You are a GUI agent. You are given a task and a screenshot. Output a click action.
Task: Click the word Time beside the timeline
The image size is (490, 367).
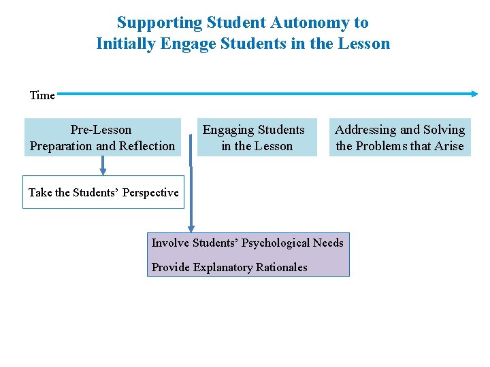point(42,96)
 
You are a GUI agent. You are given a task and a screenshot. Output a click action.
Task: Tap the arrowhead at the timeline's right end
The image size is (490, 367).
point(474,94)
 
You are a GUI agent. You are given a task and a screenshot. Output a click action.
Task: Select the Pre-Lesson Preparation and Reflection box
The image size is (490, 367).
point(102,137)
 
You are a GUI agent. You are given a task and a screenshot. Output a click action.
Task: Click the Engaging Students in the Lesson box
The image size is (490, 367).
point(257,137)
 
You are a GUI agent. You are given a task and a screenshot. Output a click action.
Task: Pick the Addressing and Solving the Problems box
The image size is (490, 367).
point(399,137)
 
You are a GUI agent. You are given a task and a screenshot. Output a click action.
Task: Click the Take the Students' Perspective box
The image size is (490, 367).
point(103,192)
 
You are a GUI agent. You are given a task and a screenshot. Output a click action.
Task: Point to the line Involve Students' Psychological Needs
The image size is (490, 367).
point(248,243)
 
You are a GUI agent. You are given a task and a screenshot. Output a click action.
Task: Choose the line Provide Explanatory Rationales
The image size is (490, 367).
point(229,267)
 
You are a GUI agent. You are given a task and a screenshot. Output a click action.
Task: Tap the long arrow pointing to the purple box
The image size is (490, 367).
point(191,197)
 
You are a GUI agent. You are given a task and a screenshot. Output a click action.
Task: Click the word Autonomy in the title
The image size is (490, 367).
point(310,22)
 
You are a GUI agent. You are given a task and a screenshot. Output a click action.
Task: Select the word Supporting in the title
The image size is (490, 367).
point(159,22)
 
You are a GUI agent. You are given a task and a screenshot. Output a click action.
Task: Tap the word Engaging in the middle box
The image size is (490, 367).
point(228,130)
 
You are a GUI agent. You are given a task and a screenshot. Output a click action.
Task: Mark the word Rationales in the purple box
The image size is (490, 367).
point(281,267)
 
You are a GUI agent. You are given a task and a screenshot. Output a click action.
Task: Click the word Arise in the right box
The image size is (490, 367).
point(448,146)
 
